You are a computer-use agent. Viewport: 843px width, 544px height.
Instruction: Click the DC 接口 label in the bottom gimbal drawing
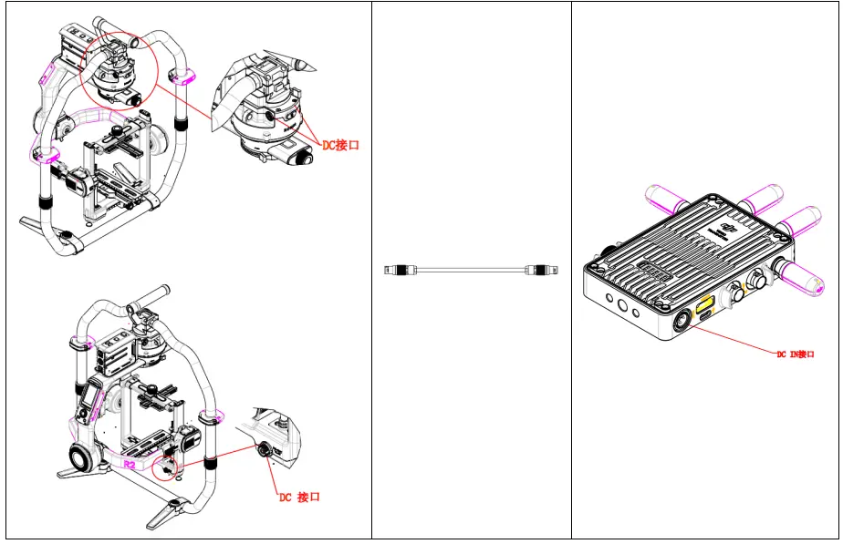[299, 497]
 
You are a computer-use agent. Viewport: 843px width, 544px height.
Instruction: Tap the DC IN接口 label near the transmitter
[795, 354]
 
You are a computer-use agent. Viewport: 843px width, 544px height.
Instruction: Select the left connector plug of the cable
[397, 270]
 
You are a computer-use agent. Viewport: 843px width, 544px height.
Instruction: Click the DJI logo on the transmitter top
[727, 227]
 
